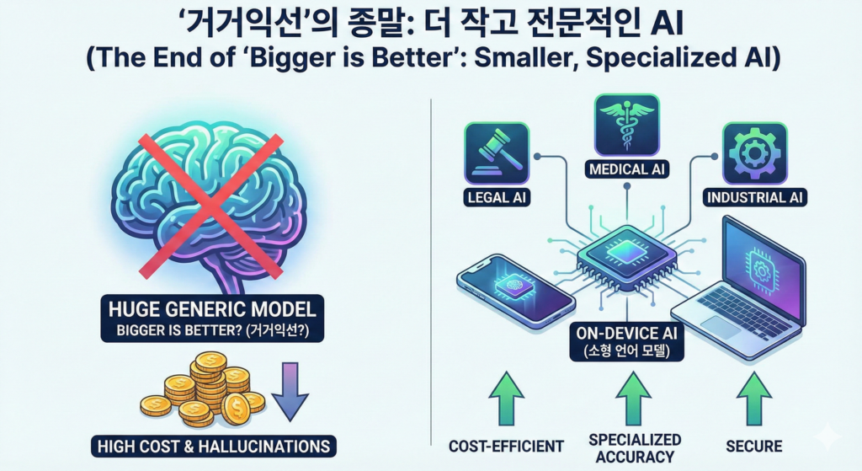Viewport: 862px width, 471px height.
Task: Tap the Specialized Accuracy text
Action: click(x=634, y=448)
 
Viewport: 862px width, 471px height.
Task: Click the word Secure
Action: click(x=753, y=446)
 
